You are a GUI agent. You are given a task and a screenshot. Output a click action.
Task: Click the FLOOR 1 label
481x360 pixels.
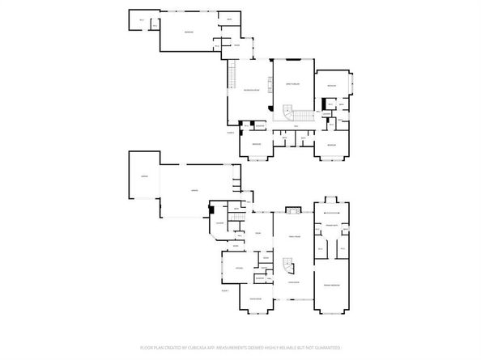pyautogui.click(x=226, y=289)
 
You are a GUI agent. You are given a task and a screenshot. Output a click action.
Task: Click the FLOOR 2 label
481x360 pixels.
pyautogui.click(x=231, y=132)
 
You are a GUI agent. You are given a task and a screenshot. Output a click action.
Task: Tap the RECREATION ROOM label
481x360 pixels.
pyautogui.click(x=251, y=90)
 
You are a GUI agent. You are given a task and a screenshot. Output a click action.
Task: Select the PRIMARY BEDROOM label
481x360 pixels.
pyautogui.click(x=333, y=286)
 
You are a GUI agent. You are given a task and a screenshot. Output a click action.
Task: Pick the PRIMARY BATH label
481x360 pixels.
pyautogui.click(x=331, y=225)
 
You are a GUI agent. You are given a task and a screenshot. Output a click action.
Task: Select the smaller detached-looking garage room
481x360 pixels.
pyautogui.click(x=144, y=175)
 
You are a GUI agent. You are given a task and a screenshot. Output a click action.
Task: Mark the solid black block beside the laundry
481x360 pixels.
pyautogui.click(x=211, y=210)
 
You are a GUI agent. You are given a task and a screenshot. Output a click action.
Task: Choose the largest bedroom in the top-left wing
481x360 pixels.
pyautogui.click(x=188, y=32)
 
